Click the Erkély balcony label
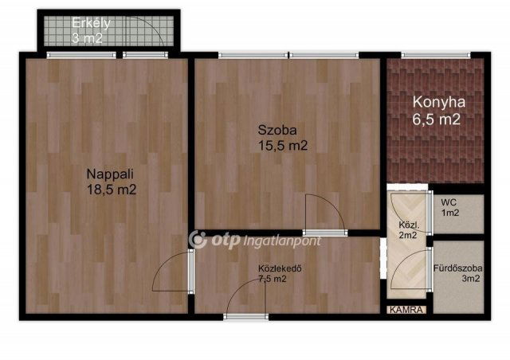(x=90, y=22)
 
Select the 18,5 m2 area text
(x=112, y=190)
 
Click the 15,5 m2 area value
(x=282, y=146)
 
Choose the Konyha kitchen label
(x=438, y=103)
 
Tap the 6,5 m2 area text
(x=437, y=120)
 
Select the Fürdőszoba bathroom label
(x=457, y=266)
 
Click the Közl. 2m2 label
(x=408, y=229)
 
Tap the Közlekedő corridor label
(x=279, y=268)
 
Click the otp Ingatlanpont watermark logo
(x=255, y=239)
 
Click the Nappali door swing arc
(x=169, y=276)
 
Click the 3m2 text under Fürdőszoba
(x=470, y=278)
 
